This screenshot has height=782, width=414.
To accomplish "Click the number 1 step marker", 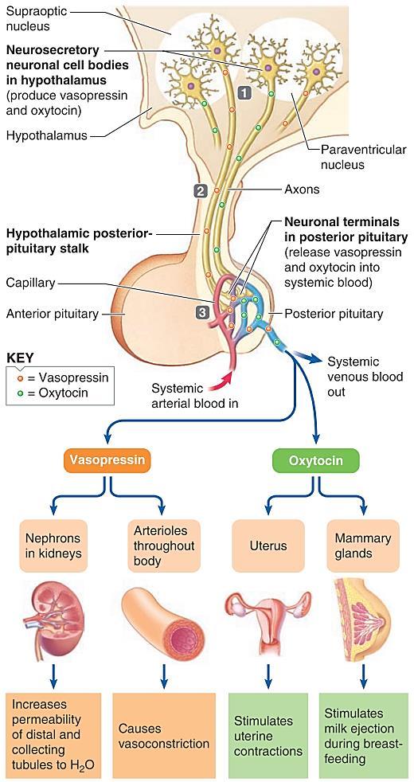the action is (x=244, y=92).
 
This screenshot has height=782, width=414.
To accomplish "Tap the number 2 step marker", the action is (x=201, y=190).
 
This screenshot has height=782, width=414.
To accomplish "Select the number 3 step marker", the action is (x=201, y=313).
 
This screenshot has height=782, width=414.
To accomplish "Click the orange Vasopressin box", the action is (x=107, y=459).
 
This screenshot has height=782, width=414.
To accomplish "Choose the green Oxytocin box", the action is (x=316, y=459).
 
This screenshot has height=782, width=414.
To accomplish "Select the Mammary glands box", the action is (x=363, y=545).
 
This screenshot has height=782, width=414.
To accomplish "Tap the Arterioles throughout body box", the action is (x=161, y=545).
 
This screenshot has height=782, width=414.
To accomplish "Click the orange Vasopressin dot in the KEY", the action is (x=19, y=377).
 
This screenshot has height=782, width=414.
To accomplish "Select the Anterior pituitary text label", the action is (x=52, y=314).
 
